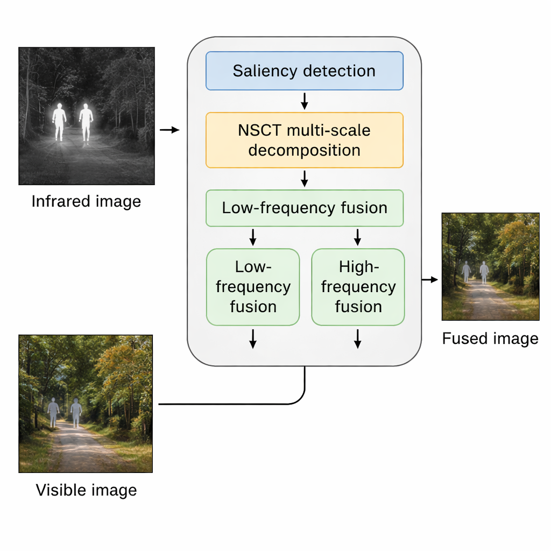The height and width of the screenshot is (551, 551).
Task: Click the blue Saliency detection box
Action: (304, 70)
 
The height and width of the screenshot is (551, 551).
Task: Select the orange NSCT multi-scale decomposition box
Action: (304, 140)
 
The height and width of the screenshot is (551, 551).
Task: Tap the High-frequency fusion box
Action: (358, 287)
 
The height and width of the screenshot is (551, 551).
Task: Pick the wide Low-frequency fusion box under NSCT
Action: (304, 208)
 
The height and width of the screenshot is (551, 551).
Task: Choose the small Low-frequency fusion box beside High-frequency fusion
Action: (253, 287)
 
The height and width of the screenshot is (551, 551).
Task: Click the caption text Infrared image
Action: (86, 201)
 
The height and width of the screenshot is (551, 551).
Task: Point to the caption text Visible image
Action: (86, 490)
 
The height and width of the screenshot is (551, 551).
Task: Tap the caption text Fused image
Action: (490, 338)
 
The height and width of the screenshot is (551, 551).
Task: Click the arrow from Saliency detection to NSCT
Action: (304, 101)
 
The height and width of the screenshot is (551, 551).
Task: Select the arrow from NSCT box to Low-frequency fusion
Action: (304, 179)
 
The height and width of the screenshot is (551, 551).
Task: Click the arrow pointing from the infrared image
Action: (169, 130)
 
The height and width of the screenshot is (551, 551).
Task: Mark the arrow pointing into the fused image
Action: (430, 280)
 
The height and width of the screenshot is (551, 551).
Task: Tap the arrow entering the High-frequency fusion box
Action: (357, 237)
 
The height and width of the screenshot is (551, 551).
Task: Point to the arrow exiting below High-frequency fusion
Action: (357, 338)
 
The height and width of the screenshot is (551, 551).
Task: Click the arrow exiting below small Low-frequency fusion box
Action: (253, 338)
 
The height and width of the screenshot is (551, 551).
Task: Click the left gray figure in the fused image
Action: (466, 272)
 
